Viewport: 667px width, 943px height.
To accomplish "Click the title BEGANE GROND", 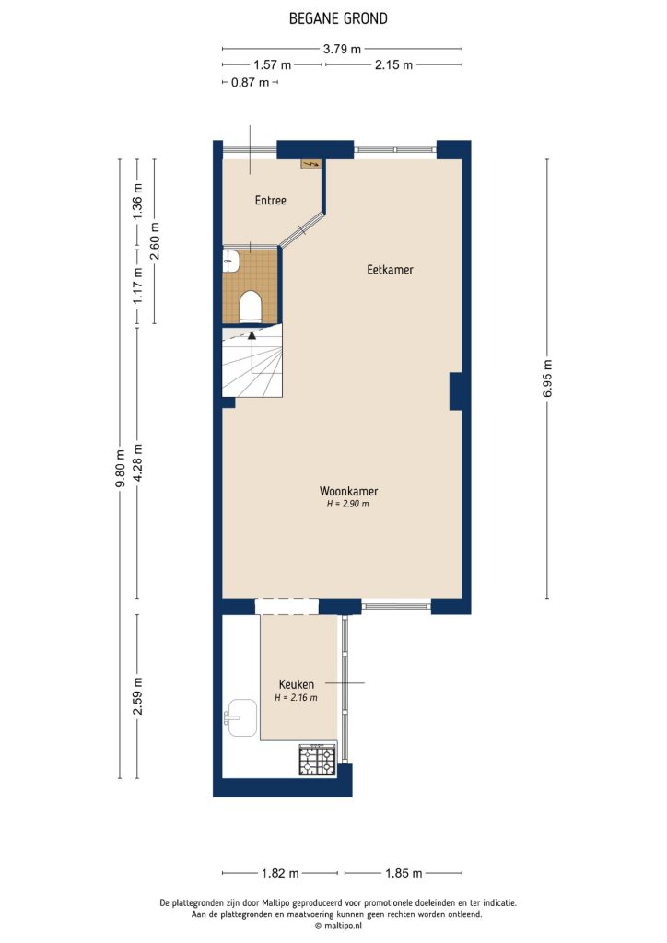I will coord(338,18).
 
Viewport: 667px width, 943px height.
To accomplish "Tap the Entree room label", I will coord(271,201).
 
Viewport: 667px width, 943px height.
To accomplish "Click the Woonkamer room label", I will coord(348,491).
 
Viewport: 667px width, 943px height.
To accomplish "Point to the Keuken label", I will coord(297,684).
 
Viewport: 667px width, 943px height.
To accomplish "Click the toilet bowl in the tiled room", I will coord(250,305).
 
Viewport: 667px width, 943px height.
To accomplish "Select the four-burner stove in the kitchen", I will coord(317,760).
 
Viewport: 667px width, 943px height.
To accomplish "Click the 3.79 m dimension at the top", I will coord(342,49).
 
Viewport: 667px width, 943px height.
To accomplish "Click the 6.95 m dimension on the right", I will coord(548,378).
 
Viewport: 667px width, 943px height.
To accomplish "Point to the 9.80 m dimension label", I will coord(120,469).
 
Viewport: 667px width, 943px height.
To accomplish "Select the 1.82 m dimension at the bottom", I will coord(280,873).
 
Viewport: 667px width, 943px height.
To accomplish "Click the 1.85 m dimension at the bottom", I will coord(404,873).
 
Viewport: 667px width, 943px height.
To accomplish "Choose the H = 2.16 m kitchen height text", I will coord(297,698).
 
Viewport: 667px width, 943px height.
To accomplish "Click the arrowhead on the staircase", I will coord(252,336).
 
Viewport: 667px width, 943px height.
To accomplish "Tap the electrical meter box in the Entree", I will coord(311,164).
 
